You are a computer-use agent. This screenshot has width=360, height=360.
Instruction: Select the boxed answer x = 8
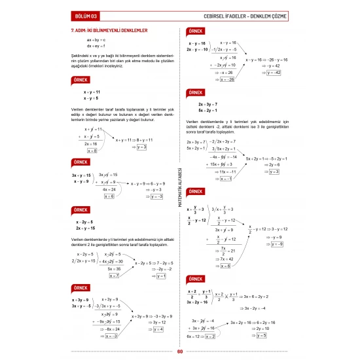coord(92,151)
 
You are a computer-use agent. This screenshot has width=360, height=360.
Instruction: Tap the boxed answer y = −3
coord(157,196)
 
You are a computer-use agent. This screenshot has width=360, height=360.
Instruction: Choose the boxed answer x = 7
coord(95,276)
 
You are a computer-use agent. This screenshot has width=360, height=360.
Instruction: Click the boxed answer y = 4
coord(158,329)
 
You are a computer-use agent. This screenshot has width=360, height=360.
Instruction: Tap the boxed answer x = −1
coord(226,179)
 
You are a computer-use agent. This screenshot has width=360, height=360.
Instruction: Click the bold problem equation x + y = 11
coord(87,92)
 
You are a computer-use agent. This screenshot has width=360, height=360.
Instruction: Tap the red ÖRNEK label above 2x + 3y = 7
coord(195,92)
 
